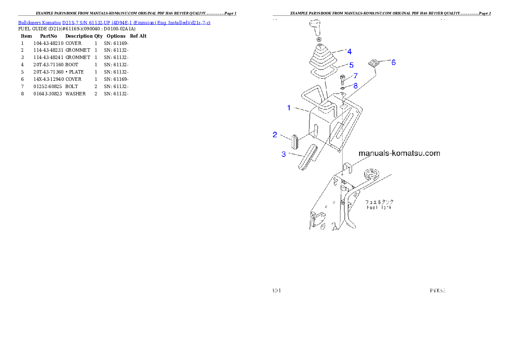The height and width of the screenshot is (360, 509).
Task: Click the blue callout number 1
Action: tap(289, 108)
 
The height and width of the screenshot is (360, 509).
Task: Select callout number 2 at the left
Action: tap(275, 135)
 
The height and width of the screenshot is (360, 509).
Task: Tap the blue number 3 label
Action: tap(284, 154)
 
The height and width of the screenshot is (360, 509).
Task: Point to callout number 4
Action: tap(349, 52)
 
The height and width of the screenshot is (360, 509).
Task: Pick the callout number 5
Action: tap(351, 65)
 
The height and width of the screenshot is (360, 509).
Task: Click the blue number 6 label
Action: tap(394, 62)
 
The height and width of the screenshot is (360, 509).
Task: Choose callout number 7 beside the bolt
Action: tap(355, 76)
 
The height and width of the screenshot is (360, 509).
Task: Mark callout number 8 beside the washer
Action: tap(355, 86)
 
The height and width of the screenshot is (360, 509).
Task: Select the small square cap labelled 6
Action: tap(373, 63)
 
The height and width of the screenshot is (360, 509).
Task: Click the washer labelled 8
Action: tap(343, 88)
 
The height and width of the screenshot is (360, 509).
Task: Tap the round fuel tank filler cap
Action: tap(371, 174)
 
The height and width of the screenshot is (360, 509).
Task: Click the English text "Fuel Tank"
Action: tap(379, 208)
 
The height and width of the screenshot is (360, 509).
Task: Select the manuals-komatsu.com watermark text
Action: tap(399, 153)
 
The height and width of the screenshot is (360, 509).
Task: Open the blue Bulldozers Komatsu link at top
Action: tap(114, 22)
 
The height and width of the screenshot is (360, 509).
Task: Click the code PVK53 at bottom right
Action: tap(438, 291)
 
